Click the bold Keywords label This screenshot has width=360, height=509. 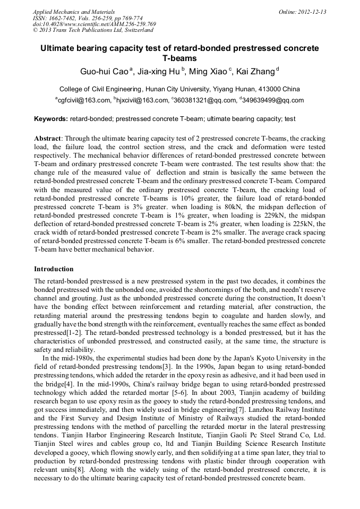click(x=50, y=119)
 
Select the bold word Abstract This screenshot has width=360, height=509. click(x=47, y=139)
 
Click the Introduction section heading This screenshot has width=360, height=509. click(x=54, y=269)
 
